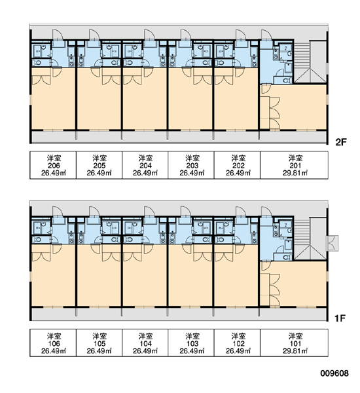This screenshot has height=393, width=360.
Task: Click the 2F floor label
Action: [341, 142]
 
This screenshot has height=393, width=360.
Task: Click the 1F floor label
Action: [340, 318]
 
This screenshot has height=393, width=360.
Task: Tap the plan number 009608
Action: [334, 373]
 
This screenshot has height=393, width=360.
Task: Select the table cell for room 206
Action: [53, 165]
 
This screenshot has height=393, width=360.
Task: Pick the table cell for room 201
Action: [294, 165]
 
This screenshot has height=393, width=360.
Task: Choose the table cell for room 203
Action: [191, 165]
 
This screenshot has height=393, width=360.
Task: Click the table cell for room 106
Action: [53, 343]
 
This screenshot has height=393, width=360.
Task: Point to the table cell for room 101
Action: [294, 343]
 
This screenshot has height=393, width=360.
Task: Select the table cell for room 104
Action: [145, 343]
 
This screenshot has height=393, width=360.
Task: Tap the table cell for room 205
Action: [99, 165]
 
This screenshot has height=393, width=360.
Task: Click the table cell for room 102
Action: [237, 343]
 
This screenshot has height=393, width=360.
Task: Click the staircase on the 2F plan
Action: [310, 62]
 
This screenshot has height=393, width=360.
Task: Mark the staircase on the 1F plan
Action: [310, 239]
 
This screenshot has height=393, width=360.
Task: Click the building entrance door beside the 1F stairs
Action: [333, 243]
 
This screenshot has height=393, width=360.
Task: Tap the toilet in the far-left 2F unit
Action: [37, 63]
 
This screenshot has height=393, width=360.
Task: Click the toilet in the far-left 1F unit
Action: [37, 240]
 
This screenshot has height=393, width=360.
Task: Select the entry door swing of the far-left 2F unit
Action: [56, 35]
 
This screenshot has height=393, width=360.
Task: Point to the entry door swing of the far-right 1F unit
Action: [266, 212]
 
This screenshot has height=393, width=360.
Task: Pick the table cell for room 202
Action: [237, 165]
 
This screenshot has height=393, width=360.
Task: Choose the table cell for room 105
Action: [99, 343]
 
